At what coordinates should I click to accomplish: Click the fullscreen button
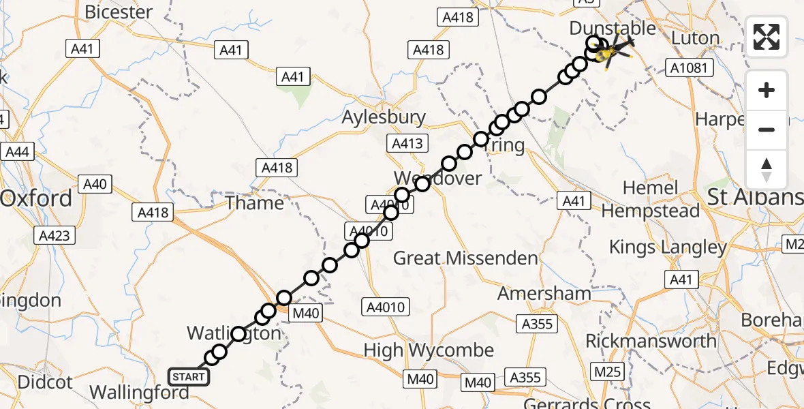pos(767,37)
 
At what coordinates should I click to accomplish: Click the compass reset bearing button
pos(767,170)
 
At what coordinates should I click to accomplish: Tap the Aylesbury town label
pos(384,117)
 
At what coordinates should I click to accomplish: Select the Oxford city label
pos(36,199)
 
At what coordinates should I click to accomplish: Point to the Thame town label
pos(254,203)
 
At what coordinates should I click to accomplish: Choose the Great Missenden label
pos(465,258)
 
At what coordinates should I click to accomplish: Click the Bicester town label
pos(119,12)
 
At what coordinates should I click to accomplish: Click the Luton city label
pos(695,38)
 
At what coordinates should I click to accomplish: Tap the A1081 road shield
pos(690,67)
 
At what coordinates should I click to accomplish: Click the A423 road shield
pos(55,237)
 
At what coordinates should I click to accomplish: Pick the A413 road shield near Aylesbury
pos(407,144)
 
